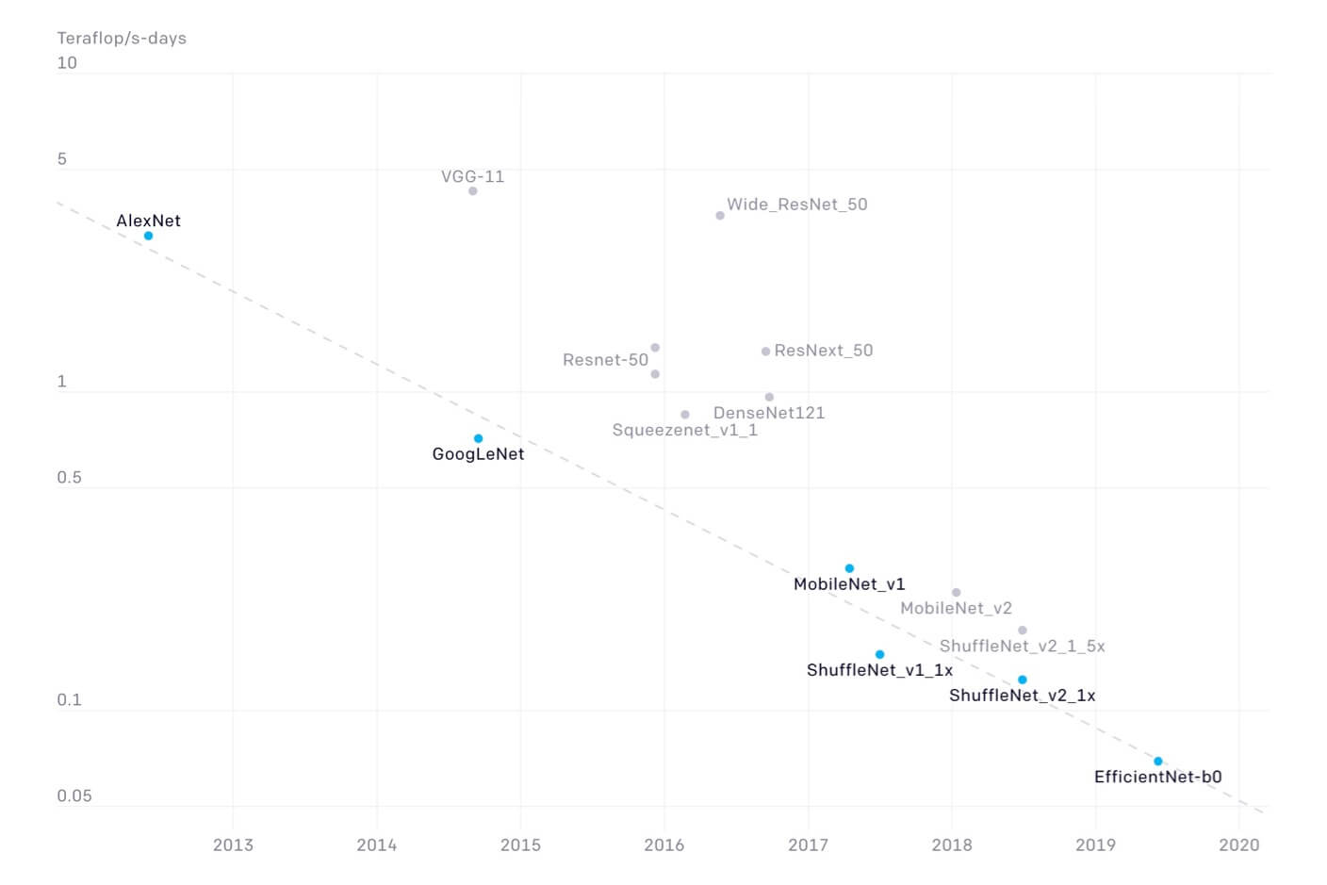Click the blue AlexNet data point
pos(148,236)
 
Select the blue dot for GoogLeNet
pos(478,438)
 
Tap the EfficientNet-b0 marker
pos(1158,762)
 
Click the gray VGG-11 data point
pos(472,191)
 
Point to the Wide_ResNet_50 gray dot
pos(720,216)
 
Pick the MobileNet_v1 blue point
pos(849,568)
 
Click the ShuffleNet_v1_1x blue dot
pos(879,654)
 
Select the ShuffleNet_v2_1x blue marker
pos(1022,680)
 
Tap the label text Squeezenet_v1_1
pos(684,431)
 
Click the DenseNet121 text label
pos(768,413)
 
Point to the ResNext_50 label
pos(823,351)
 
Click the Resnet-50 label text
pos(605,360)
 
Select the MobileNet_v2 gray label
pos(956,609)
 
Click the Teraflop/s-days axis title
pos(122,39)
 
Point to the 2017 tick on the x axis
pos(808,844)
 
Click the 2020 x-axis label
pos(1238,844)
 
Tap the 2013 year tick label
pos(233,844)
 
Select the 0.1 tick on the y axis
pos(69,700)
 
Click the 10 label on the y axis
pos(67,63)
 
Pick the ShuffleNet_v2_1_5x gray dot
pos(1022,631)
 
